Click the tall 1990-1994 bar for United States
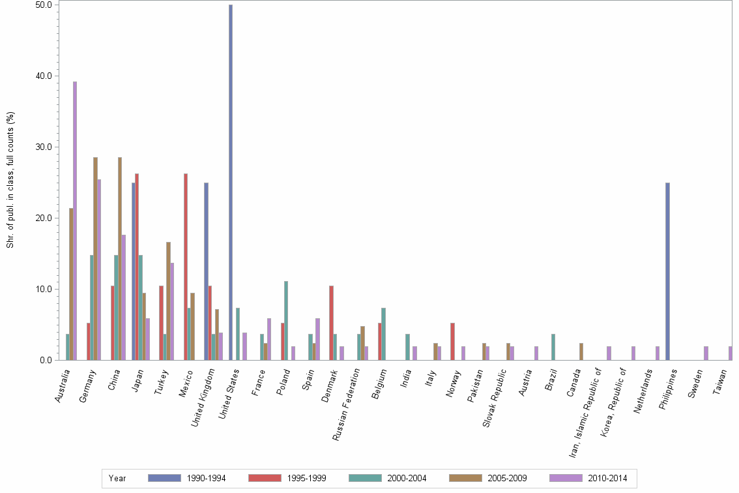[x=231, y=183]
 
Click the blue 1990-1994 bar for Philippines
[x=667, y=271]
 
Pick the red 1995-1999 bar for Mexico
[x=185, y=267]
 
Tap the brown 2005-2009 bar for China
[x=120, y=258]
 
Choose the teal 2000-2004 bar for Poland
[x=286, y=320]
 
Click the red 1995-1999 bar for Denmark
[x=331, y=323]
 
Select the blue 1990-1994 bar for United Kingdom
[x=207, y=271]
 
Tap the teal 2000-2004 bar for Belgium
[x=384, y=334]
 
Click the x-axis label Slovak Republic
[x=495, y=398]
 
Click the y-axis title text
[x=10, y=180]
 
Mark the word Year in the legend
[x=117, y=479]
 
